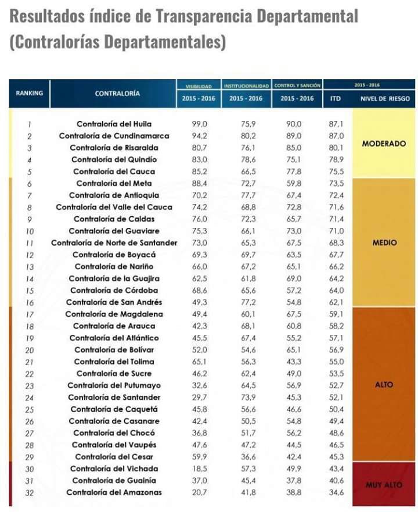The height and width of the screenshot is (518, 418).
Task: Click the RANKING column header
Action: coord(30,93)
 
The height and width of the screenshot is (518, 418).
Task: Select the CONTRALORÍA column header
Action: coord(117,94)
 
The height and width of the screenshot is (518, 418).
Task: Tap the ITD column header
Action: coord(335,98)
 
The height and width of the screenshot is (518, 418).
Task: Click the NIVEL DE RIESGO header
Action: coord(385,98)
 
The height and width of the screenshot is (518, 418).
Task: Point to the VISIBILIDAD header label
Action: coord(199,87)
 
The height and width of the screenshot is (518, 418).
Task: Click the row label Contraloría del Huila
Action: coord(114,124)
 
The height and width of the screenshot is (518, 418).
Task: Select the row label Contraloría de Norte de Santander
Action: coord(114,243)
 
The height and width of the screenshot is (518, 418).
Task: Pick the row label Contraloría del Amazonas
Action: coord(114,492)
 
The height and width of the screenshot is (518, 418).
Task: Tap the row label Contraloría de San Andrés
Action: coord(114,302)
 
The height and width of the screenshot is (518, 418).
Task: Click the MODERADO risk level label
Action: coord(384,144)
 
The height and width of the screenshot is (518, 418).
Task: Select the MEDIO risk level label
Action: coord(384,243)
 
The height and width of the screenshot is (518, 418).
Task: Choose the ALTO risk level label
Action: coord(384,385)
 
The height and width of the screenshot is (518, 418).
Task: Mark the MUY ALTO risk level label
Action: coord(384,485)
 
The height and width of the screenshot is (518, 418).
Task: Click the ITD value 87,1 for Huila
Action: coord(336,124)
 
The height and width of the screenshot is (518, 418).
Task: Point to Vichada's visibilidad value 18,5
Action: coord(200,469)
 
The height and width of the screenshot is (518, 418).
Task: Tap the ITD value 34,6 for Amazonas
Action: coord(336,492)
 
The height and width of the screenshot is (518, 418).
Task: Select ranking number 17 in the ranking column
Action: coord(30,315)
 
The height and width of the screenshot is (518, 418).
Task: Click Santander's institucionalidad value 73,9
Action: coord(248,398)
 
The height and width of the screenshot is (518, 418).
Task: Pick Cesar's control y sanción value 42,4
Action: coord(294,457)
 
